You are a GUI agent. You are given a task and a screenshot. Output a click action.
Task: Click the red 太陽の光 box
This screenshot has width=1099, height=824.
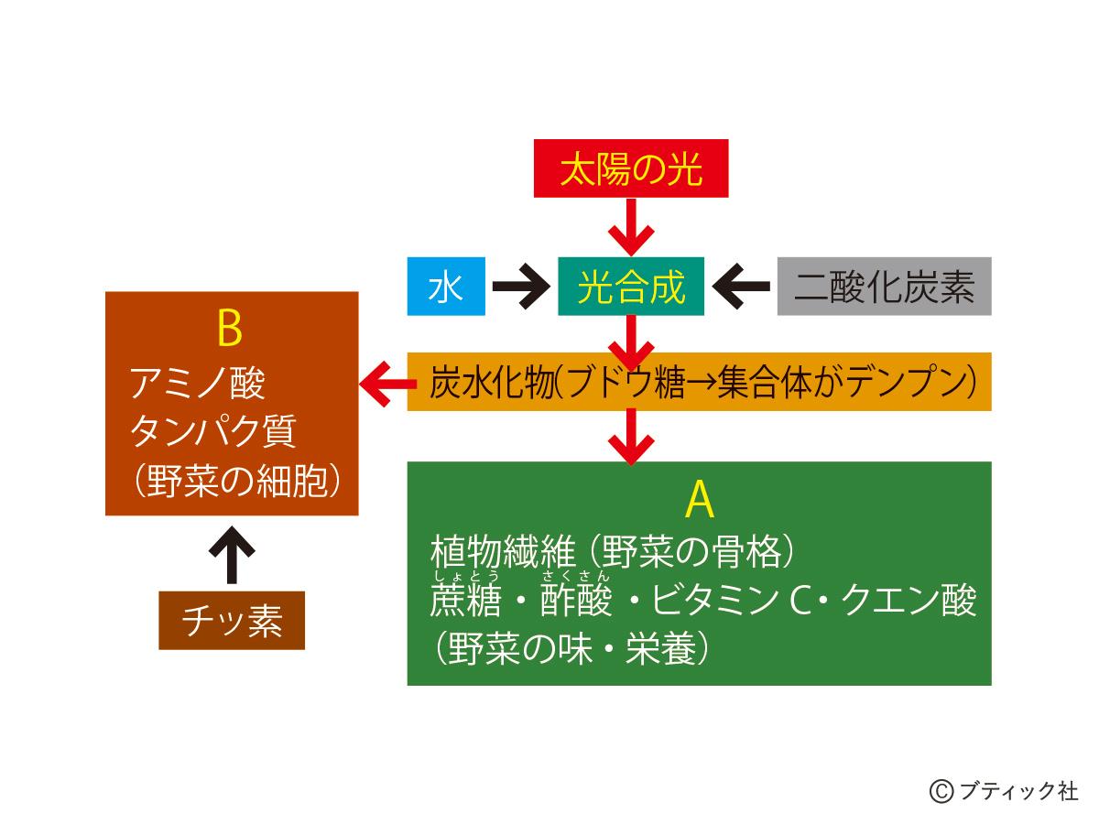[631, 168]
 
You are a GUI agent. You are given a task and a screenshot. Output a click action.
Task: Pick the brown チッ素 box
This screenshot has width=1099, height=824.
[232, 621]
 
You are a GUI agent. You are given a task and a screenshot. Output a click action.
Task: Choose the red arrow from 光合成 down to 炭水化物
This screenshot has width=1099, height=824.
[631, 340]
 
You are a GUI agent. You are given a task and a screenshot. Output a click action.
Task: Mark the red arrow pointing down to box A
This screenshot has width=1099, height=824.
[631, 436]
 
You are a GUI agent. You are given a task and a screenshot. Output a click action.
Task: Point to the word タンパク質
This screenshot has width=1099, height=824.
[213, 432]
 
